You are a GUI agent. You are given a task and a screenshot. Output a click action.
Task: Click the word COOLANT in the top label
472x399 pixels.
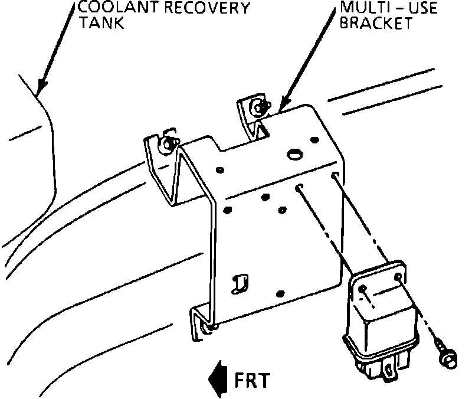116,9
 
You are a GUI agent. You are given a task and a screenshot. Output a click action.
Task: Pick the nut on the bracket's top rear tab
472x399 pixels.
258,107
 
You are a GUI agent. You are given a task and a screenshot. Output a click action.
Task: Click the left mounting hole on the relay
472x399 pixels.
363,289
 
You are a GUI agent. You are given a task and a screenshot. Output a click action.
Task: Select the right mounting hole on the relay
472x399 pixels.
400,277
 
